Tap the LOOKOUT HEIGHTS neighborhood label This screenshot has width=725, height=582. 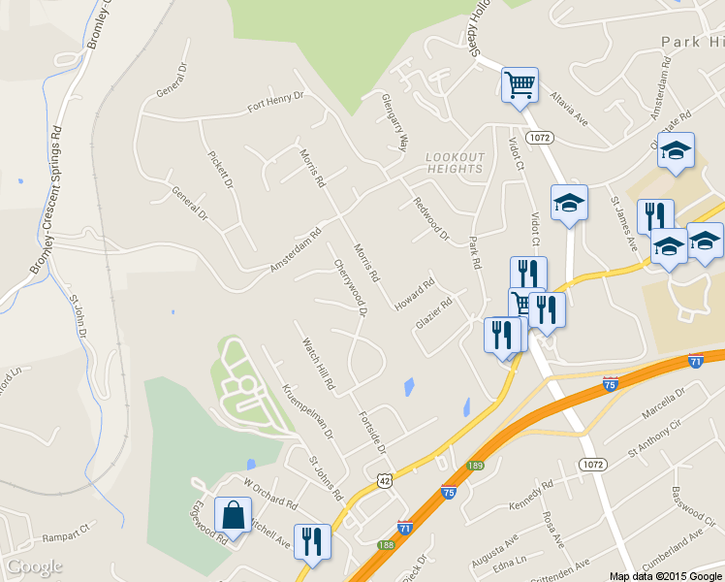point(455,163)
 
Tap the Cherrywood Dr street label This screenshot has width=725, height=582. point(351,287)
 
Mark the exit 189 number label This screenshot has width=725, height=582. point(475,467)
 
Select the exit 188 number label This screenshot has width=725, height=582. point(387,545)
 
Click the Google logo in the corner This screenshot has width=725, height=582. point(34,566)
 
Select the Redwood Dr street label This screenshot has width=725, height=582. point(432,219)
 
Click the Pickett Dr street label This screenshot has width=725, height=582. point(221,169)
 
